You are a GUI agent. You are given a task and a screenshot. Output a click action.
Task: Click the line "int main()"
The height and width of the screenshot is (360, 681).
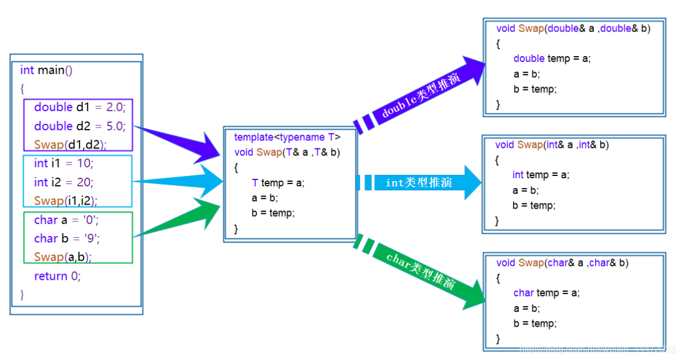[46, 71]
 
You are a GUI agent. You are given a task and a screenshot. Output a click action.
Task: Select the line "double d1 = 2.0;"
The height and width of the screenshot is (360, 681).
[80, 107]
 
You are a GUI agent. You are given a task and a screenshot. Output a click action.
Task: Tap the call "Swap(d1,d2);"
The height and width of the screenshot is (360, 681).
[71, 144]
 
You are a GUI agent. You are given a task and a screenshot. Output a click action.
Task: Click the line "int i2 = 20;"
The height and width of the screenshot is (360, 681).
[63, 182]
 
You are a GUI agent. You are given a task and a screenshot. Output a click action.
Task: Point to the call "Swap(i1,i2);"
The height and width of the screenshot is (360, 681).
[66, 201]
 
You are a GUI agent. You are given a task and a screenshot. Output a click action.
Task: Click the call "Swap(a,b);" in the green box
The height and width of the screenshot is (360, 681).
[63, 256]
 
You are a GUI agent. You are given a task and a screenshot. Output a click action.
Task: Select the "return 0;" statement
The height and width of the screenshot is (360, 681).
[57, 276]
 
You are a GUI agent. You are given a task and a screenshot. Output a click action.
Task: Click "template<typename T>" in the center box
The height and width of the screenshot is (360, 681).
[287, 138]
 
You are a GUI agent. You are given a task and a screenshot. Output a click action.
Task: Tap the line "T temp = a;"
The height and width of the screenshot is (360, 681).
[278, 183]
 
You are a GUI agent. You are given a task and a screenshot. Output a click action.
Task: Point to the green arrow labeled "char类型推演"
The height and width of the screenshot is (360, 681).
[421, 269]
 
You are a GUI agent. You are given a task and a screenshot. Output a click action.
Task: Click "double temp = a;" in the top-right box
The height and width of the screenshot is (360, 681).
[551, 58]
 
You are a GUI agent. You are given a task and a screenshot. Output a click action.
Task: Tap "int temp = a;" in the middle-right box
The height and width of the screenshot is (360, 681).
[541, 175]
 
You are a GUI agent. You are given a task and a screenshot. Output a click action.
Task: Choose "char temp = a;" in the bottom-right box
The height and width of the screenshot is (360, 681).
[546, 293]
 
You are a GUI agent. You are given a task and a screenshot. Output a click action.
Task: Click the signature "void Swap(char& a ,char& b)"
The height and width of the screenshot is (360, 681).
[562, 263]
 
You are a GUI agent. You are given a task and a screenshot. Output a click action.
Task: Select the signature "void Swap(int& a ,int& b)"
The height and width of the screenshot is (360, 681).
[552, 145]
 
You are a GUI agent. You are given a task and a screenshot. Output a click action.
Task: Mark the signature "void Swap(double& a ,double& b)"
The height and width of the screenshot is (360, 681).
[573, 28]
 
